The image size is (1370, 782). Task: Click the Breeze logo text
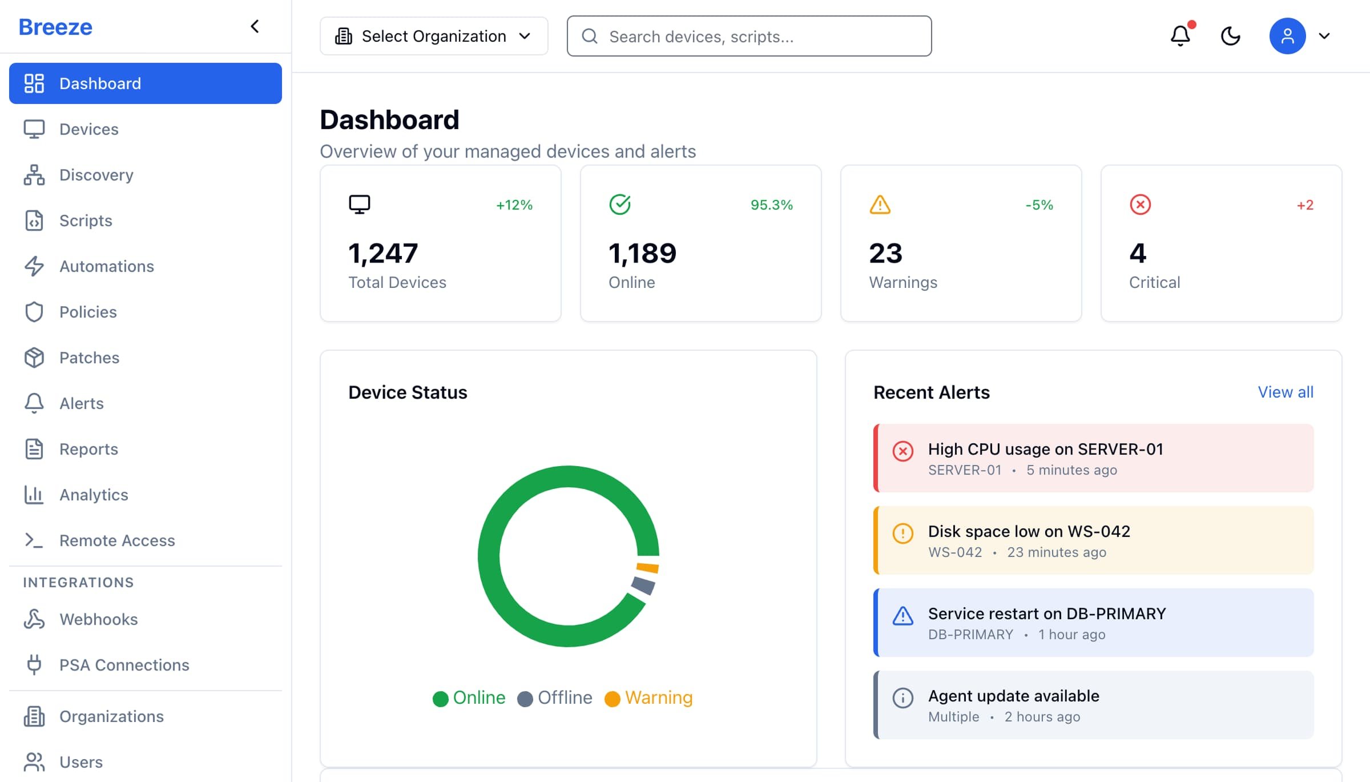pos(55,27)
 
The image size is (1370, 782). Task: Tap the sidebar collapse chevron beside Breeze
pos(255,26)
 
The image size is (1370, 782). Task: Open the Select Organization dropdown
pos(434,36)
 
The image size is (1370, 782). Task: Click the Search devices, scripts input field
pos(749,36)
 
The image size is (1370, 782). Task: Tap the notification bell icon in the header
pos(1180,36)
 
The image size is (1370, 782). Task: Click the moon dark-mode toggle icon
pos(1231,36)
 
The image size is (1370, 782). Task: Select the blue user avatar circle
pos(1287,36)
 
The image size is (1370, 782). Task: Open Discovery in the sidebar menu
pos(96,175)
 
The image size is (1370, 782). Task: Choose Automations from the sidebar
pos(107,266)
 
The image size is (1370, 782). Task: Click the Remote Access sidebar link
pos(117,540)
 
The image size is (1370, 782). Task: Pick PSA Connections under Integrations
pos(124,665)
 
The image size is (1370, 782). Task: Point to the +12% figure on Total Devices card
pos(514,205)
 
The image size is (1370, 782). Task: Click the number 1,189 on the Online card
pos(642,253)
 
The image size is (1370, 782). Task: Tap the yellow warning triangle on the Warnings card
pos(880,204)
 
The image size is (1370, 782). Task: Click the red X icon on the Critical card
pos(1140,204)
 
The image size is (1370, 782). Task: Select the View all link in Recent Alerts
pos(1286,392)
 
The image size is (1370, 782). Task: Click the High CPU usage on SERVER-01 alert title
pos(1045,449)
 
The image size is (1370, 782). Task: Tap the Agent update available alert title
pos(1013,696)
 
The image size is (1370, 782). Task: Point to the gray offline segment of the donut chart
pos(643,585)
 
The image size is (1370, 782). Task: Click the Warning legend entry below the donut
pos(648,697)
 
